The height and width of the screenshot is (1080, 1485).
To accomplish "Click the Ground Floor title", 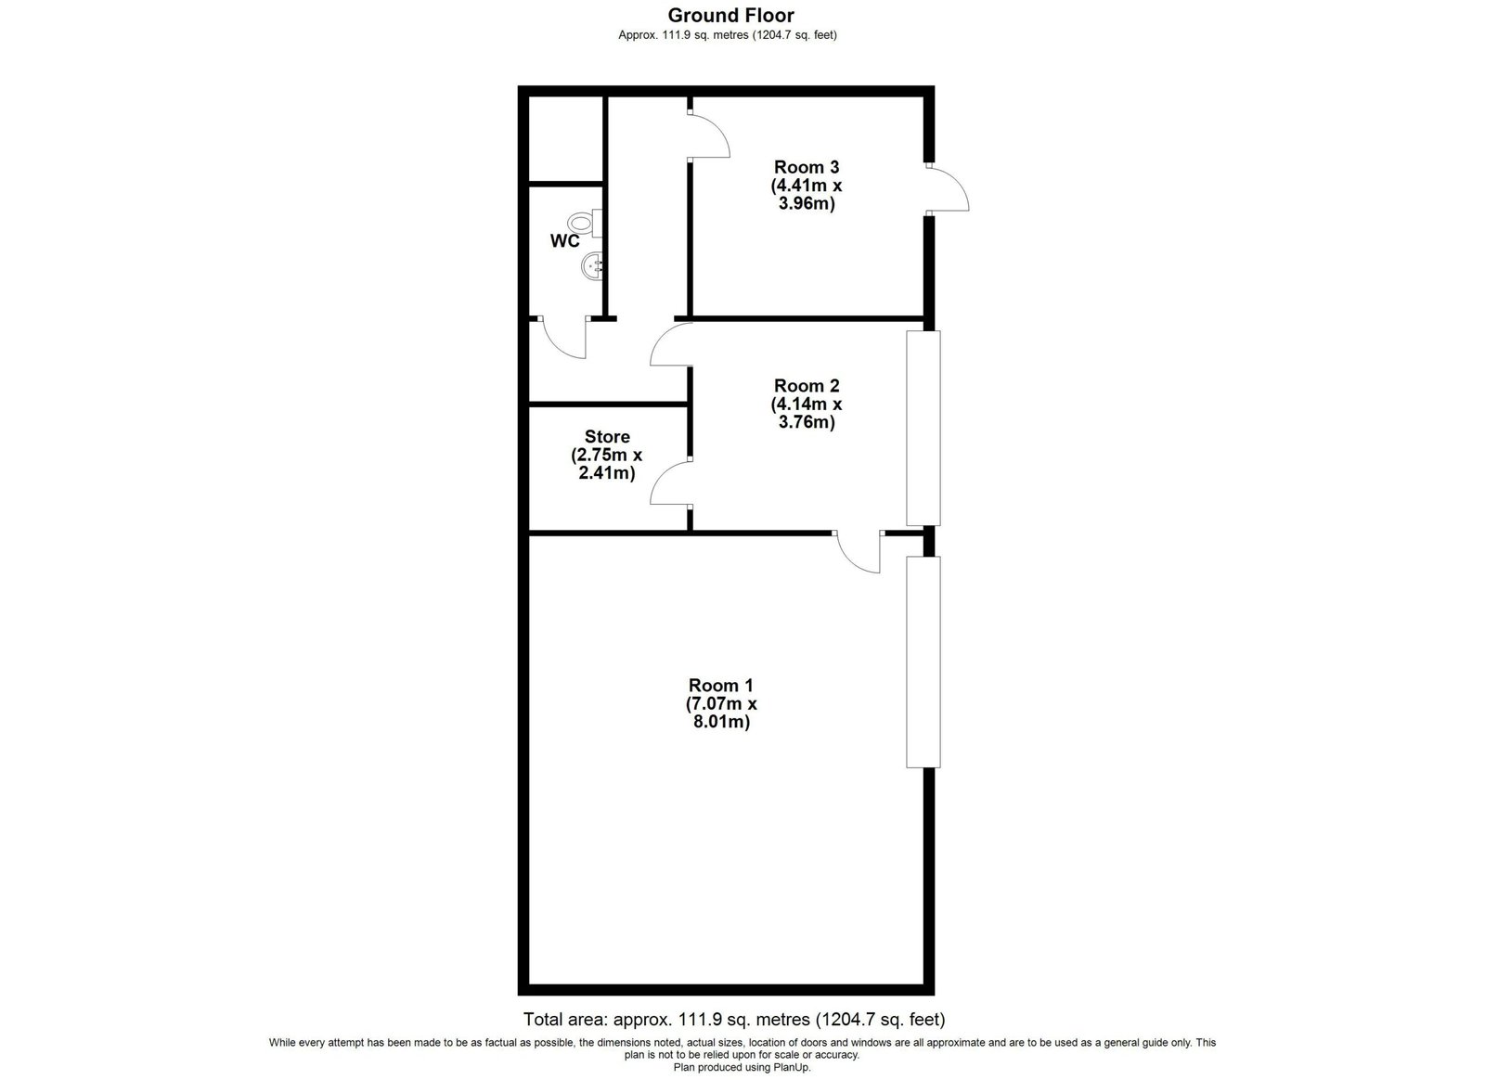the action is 730,15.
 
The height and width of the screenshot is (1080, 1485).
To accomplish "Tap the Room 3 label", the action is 807,167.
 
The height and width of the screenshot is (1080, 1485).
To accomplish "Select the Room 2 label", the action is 807,386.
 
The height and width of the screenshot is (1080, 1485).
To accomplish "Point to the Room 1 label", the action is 721,685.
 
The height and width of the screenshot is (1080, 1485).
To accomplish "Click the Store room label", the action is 607,437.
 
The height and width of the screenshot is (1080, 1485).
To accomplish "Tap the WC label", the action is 565,241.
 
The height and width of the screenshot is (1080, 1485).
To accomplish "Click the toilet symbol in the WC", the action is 586,223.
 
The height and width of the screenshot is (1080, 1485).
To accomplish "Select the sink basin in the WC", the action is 592,267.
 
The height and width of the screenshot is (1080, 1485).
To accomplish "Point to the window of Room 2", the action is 923,428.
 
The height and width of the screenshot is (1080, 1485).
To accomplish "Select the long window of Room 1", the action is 923,662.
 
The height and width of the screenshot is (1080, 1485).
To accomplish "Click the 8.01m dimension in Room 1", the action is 721,722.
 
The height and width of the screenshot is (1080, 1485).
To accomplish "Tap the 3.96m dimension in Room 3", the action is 807,203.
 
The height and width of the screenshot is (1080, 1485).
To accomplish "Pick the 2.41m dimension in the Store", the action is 607,473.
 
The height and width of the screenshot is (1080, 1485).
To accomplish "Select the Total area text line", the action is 734,1019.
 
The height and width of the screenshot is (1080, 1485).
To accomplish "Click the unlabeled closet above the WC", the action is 565,138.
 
